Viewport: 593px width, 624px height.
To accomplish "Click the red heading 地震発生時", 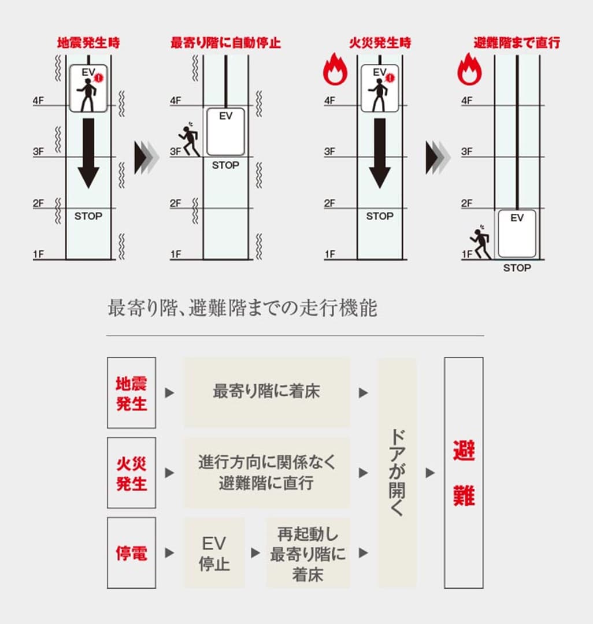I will click(x=88, y=43).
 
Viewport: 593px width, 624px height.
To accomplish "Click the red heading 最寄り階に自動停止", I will click(x=225, y=43).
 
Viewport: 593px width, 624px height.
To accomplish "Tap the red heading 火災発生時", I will click(x=379, y=43).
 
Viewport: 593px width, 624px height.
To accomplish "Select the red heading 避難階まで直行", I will click(x=517, y=43).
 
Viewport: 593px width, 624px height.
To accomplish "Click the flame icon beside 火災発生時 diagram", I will click(x=335, y=70).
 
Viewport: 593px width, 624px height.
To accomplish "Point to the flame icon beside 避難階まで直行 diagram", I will click(x=469, y=70).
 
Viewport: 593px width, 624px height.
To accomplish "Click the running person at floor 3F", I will click(x=189, y=139).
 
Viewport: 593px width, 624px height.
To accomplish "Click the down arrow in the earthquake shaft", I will click(x=88, y=153).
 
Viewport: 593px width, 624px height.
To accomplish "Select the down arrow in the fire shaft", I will click(x=380, y=153).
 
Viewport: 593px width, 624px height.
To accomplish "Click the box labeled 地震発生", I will click(x=131, y=393).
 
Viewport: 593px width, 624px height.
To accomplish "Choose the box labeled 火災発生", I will click(x=131, y=473).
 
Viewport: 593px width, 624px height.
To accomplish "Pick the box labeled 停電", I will click(x=131, y=553).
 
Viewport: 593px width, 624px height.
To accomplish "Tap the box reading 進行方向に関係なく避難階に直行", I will click(x=266, y=473).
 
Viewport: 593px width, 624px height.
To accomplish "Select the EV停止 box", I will click(x=214, y=553).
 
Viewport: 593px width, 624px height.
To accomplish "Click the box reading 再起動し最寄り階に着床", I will click(x=308, y=553).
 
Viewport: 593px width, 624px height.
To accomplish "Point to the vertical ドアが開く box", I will click(x=397, y=473).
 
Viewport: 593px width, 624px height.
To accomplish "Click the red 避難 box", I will click(x=464, y=473).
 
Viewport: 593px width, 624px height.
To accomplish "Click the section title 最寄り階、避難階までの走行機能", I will click(x=242, y=309).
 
